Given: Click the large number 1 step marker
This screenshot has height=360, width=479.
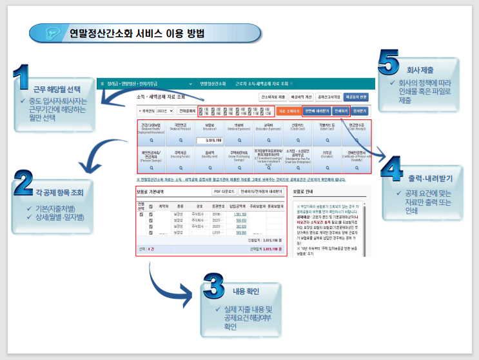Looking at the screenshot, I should tap(22, 78).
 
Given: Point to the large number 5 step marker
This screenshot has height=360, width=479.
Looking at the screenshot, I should tap(391, 64).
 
